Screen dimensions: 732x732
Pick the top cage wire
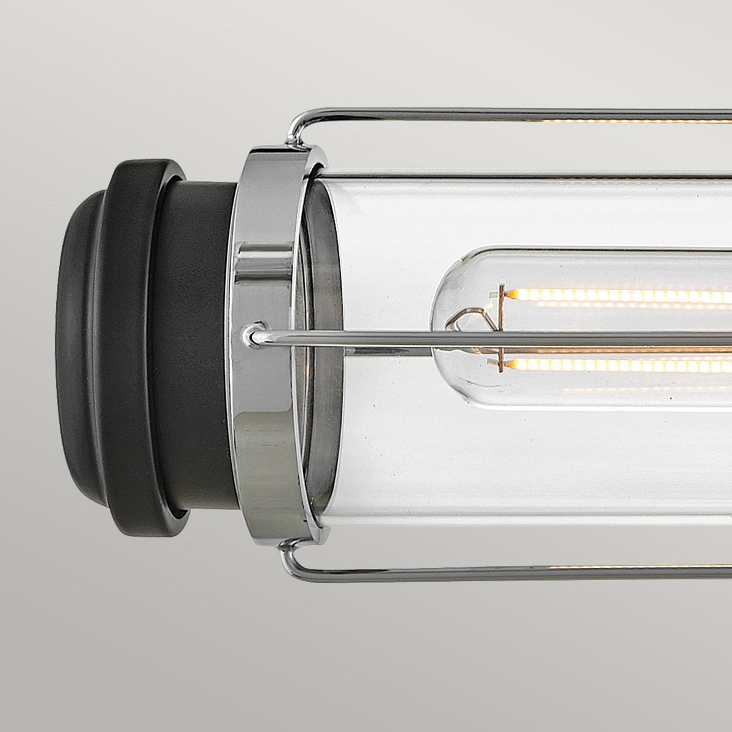488,113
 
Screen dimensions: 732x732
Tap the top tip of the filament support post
501,287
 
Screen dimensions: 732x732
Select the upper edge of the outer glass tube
518,175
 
